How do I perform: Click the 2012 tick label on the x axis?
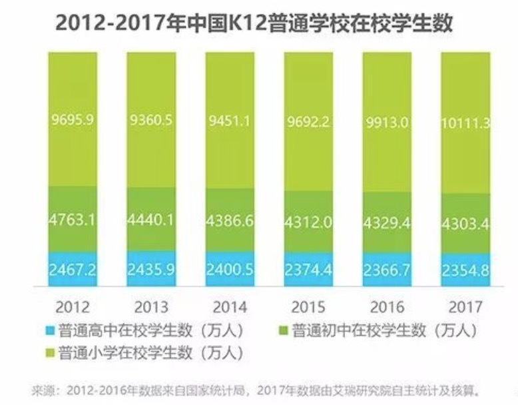[x=72, y=308]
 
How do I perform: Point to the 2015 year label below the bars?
[x=308, y=308]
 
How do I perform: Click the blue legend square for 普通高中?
[x=49, y=330]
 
